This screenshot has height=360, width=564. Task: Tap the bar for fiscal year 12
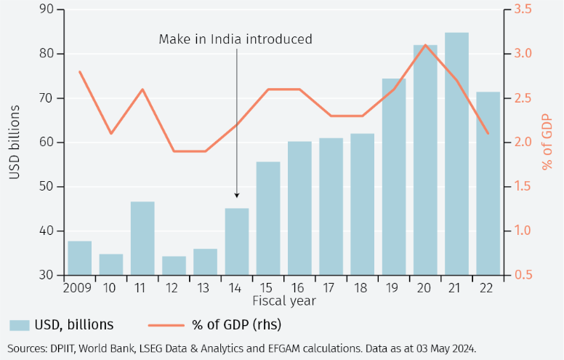pos(174,265)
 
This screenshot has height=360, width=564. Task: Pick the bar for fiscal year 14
pos(236,241)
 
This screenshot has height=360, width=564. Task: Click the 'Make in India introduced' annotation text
pos(235,39)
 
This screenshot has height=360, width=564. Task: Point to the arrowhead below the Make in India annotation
pos(236,195)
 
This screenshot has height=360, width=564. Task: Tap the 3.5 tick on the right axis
pos(523,9)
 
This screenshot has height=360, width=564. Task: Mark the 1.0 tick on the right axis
pos(523,231)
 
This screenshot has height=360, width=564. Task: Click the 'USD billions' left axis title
pos(14,143)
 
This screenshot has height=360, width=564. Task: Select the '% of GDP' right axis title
pos(547,143)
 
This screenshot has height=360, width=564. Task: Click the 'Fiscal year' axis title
pos(283,300)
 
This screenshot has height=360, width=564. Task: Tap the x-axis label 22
pos(488,287)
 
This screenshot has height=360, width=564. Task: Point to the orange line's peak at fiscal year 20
pos(425,45)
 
